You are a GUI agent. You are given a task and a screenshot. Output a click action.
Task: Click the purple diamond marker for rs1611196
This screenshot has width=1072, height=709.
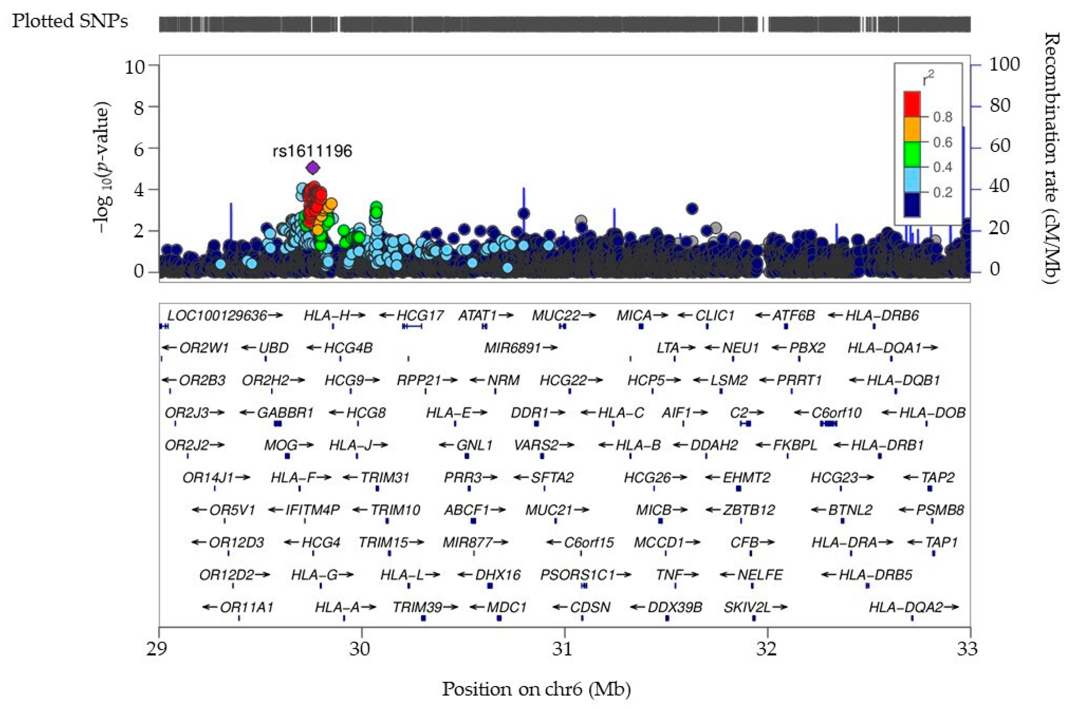point(313,168)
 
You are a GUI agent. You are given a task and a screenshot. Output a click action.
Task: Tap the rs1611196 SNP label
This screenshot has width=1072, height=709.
point(312,151)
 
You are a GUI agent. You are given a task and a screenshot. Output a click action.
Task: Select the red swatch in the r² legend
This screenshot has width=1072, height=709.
point(912,105)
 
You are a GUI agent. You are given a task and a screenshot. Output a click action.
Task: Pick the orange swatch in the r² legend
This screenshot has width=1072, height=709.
point(912,130)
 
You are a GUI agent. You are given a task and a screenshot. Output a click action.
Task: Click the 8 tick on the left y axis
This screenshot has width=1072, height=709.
point(139,107)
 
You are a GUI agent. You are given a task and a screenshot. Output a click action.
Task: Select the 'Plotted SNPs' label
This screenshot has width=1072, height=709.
point(70,21)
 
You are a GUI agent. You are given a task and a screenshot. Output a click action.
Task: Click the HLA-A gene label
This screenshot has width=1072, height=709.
point(338,607)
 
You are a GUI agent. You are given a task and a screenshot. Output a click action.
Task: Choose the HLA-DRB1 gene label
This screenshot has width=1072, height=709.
point(887,445)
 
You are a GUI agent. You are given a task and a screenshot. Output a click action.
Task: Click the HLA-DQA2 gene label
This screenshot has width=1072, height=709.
point(906,607)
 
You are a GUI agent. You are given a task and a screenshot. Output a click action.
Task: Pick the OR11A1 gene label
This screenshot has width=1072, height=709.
point(247,607)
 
